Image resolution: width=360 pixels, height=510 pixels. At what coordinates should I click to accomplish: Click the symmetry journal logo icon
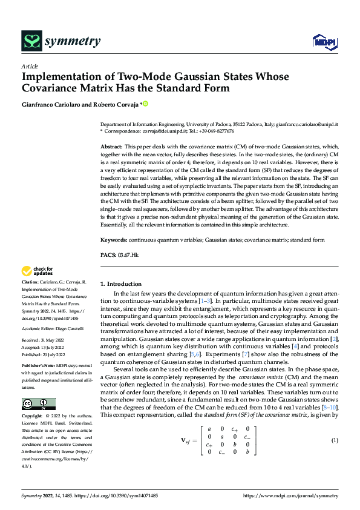click(31, 41)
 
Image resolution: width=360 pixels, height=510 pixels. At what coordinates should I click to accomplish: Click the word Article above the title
click(30, 66)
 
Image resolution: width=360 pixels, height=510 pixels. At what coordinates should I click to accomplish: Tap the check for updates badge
click(37, 271)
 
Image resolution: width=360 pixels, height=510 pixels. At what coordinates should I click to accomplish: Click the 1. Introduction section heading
click(121, 283)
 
